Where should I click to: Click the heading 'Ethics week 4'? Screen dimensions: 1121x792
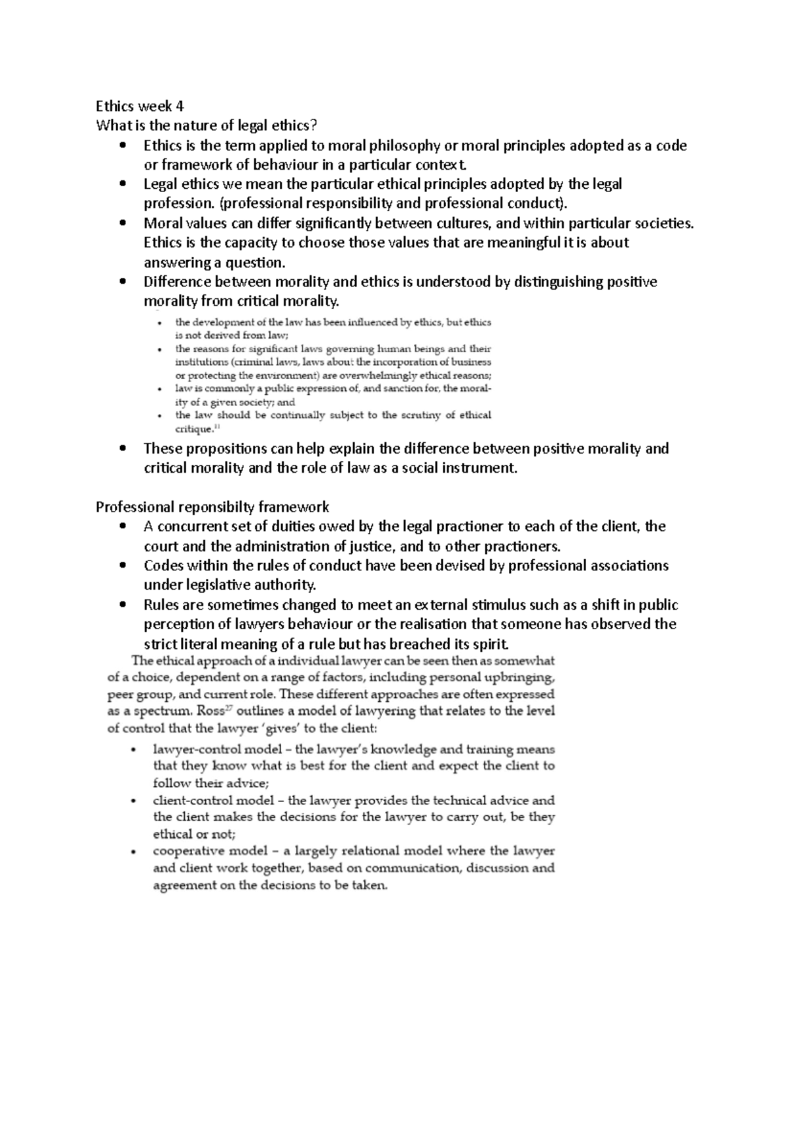(x=140, y=106)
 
